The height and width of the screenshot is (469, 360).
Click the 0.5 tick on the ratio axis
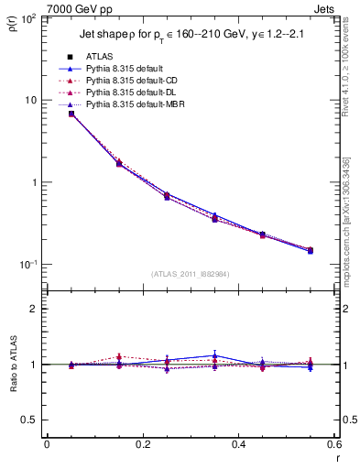(x=31, y=420)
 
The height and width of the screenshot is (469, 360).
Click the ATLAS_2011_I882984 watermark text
(x=190, y=273)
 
